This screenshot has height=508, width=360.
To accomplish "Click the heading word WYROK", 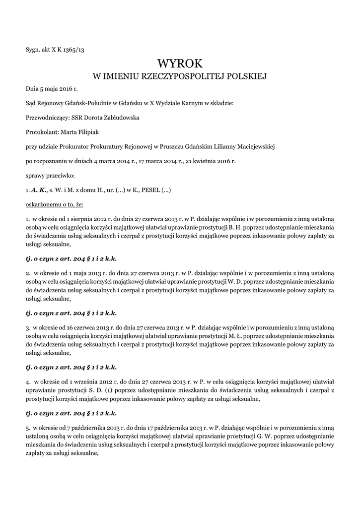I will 180,63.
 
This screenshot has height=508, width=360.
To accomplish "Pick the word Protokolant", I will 42,132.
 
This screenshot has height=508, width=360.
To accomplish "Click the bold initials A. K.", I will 39,190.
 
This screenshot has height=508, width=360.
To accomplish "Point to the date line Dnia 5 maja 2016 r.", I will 52,89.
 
